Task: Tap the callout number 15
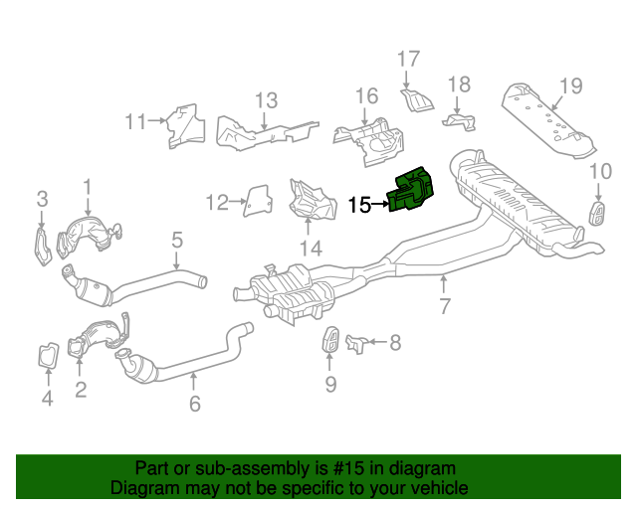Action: pyautogui.click(x=360, y=206)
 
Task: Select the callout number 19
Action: pyautogui.click(x=568, y=85)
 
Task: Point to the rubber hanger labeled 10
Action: pyautogui.click(x=600, y=213)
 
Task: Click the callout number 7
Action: pyautogui.click(x=445, y=306)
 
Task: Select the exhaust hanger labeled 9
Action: pyautogui.click(x=330, y=339)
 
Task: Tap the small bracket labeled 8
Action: pyautogui.click(x=356, y=344)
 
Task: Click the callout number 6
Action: pyautogui.click(x=194, y=403)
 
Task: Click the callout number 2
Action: pyautogui.click(x=81, y=391)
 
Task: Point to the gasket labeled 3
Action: pyautogui.click(x=41, y=245)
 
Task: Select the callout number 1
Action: pyautogui.click(x=87, y=186)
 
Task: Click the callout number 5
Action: pyautogui.click(x=176, y=239)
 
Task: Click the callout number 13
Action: pyautogui.click(x=265, y=99)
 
